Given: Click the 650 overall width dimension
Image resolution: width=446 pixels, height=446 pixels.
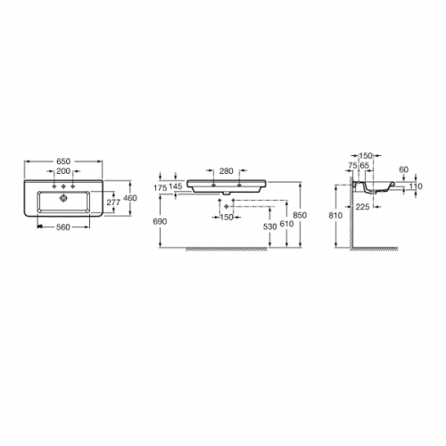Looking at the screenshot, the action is click(x=63, y=161).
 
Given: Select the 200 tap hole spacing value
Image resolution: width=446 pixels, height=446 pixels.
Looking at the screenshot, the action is click(x=63, y=171).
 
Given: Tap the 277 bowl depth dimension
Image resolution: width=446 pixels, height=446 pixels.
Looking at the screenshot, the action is click(x=113, y=202).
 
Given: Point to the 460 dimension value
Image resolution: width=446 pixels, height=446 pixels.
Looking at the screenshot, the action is click(x=130, y=198).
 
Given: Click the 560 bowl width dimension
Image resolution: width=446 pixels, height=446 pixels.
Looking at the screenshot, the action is click(x=63, y=227).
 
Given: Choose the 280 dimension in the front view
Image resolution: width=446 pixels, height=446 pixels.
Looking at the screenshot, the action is click(x=227, y=171).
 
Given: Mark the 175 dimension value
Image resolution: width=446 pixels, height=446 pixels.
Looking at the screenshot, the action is click(x=161, y=188).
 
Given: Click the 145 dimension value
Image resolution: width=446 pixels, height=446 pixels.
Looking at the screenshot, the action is click(x=176, y=186).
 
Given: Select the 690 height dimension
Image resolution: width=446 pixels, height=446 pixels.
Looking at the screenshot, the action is click(x=160, y=221).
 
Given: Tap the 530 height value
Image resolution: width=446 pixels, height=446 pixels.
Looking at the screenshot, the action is click(x=270, y=227).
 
